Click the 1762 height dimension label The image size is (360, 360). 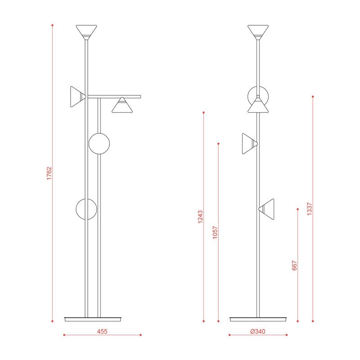click(49, 173)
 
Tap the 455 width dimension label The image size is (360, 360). click(102, 332)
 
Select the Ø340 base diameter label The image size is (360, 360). click(258, 332)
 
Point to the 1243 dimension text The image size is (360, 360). click(200, 217)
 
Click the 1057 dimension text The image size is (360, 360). click(215, 233)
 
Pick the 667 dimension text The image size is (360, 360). click(295, 265)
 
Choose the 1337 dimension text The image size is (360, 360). click(310, 209)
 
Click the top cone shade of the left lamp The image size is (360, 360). click(86, 32)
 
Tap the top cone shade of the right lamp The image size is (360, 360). click(258, 32)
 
